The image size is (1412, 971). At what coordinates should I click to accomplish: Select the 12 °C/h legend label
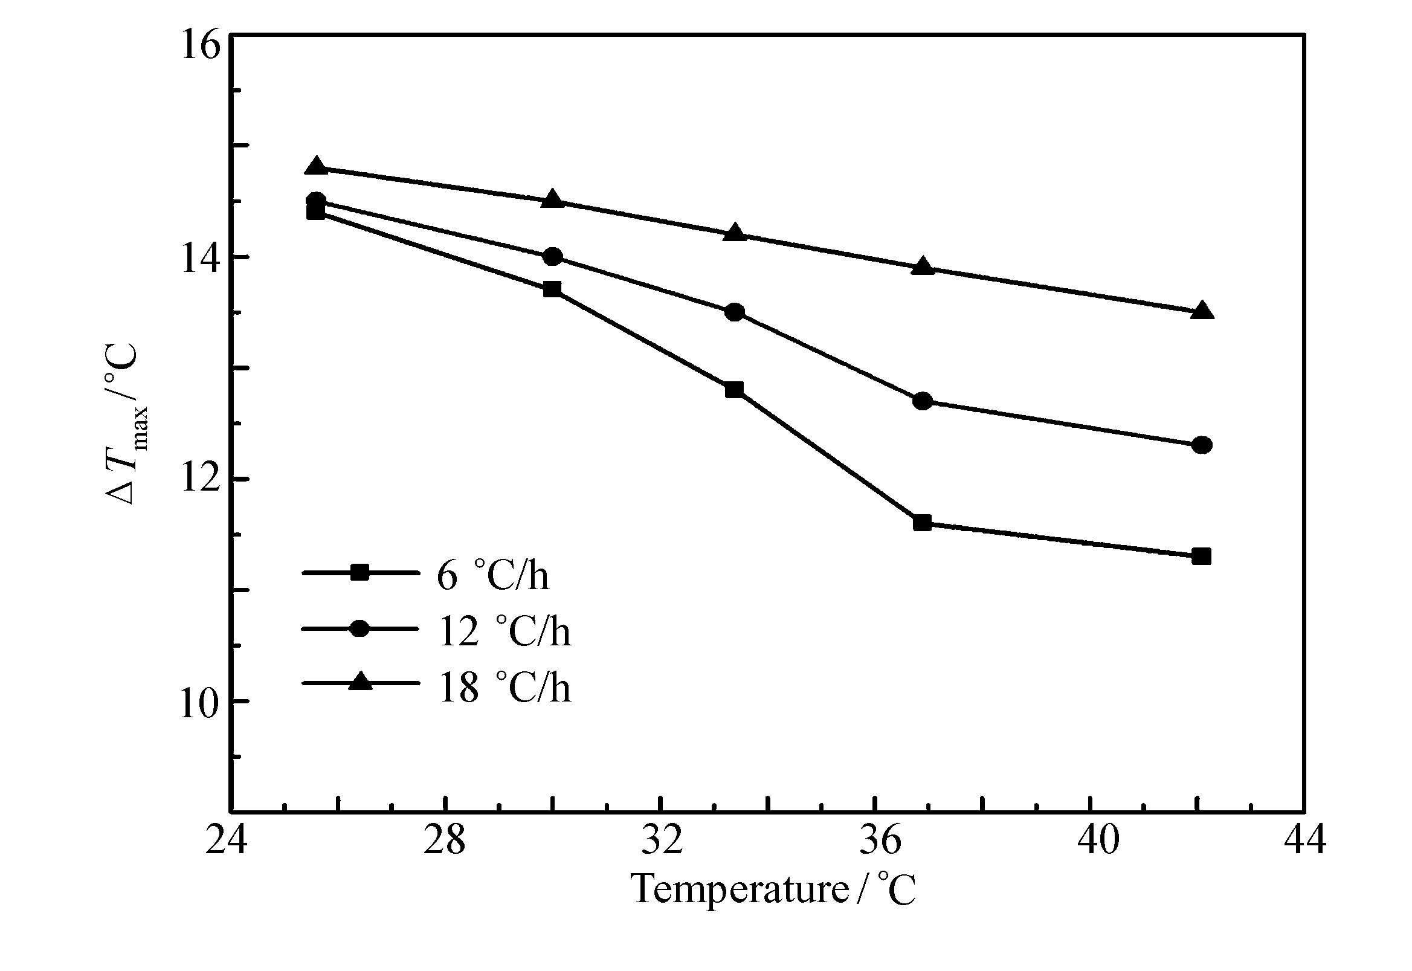click(504, 631)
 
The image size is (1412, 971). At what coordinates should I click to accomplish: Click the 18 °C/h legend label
click(504, 688)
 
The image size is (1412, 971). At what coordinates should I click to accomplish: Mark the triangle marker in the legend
click(361, 682)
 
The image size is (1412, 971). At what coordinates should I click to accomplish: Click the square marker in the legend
click(361, 572)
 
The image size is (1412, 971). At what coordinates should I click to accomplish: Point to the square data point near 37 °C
click(922, 523)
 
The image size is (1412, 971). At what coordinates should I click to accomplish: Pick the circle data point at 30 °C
click(552, 257)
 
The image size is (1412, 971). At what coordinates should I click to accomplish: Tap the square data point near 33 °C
click(734, 389)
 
